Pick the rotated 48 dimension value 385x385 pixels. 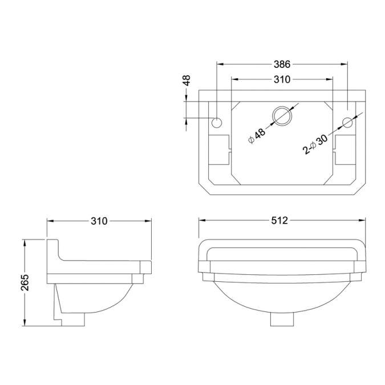click(186, 80)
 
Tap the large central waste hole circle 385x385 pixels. click(282, 116)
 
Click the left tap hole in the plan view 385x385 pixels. click(217, 123)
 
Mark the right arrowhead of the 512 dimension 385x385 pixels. click(363, 220)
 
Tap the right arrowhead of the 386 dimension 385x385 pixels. click(345, 64)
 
